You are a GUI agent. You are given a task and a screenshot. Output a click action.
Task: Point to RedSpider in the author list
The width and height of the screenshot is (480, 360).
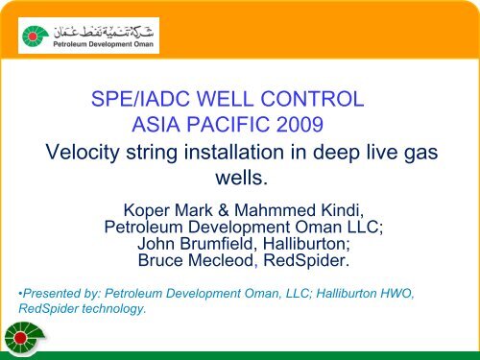(x=307, y=262)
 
